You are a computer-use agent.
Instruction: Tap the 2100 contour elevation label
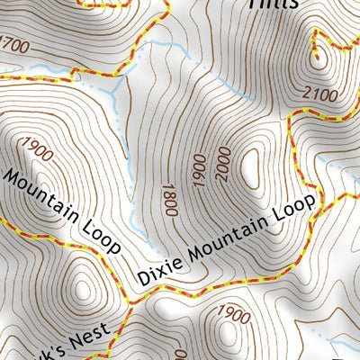point(319,94)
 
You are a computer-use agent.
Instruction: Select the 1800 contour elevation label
point(167,199)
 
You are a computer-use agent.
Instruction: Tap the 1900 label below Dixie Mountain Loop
point(233,315)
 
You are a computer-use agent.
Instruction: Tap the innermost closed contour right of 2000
point(250,165)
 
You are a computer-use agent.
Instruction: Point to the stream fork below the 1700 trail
point(115,87)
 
